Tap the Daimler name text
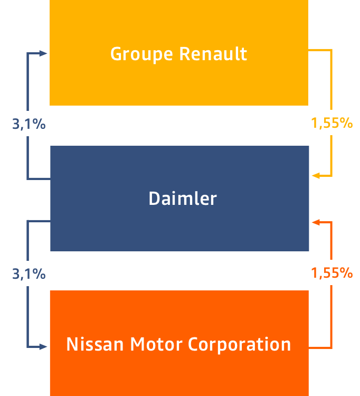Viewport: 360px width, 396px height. [183, 199]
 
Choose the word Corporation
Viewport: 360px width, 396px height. [240, 344]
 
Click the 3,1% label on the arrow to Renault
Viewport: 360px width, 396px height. [29, 125]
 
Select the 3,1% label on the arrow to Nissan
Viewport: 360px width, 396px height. [29, 274]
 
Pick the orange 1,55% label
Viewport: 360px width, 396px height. [331, 273]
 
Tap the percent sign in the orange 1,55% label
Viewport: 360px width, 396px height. [346, 273]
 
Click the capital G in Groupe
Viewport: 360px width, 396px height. [116, 53]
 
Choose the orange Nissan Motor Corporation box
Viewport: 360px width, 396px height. [178, 375]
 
